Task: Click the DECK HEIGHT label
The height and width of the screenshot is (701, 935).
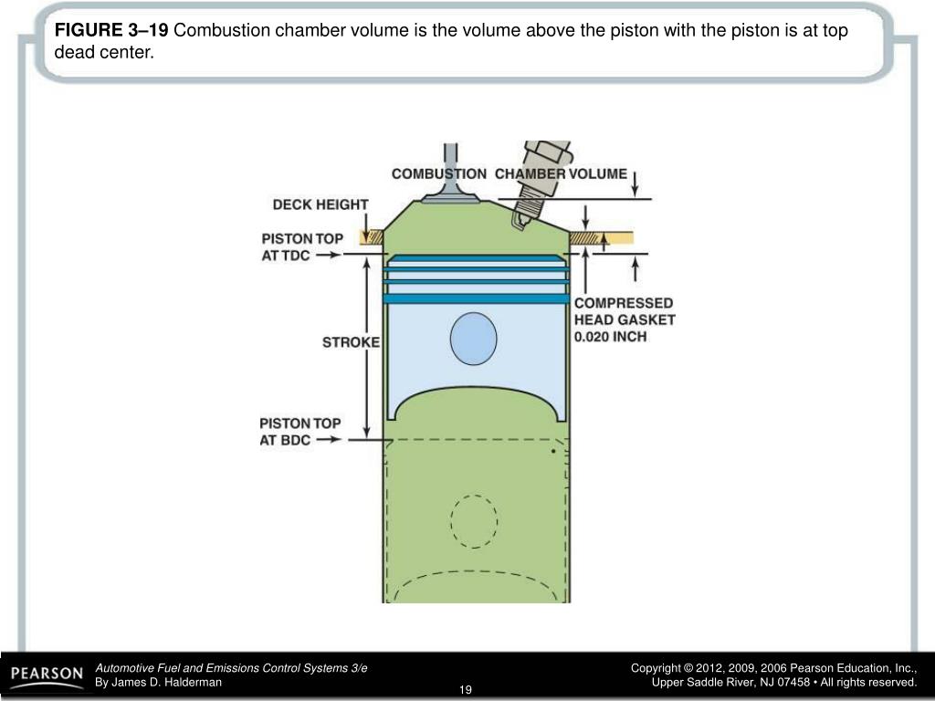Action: pos(320,204)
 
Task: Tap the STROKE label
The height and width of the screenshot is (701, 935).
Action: pos(351,342)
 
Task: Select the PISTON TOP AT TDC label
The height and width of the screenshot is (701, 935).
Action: pos(302,246)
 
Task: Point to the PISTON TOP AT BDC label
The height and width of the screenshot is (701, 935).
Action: pos(299,431)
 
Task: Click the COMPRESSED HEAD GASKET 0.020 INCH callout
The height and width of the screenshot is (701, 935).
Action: pos(625,319)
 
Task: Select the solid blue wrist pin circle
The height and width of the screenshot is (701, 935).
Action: pos(474,340)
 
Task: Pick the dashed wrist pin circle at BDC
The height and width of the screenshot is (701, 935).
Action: pos(474,521)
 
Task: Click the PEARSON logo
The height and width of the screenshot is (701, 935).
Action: pos(47,675)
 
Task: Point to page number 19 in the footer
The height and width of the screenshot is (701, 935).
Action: pos(466,688)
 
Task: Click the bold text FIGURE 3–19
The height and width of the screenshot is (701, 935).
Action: pos(111,31)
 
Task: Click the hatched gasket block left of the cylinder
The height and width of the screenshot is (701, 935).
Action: pos(372,237)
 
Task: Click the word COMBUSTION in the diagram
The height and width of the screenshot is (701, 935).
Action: pos(439,173)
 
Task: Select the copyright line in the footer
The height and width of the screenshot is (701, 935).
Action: pos(773,669)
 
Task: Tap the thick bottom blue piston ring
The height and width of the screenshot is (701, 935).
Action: pos(476,298)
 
